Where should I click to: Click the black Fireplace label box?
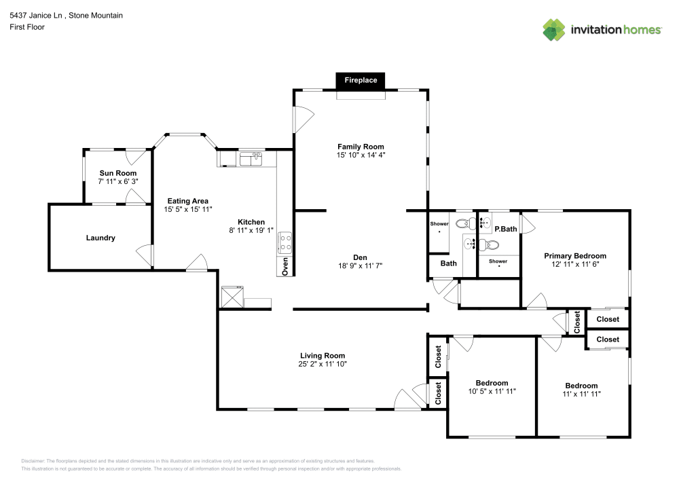click(361, 80)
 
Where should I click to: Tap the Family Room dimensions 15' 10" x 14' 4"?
click(361, 155)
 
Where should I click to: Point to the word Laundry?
click(100, 238)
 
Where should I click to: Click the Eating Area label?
click(187, 201)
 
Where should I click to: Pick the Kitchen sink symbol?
click(251, 158)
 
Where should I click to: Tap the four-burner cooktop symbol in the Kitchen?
click(285, 242)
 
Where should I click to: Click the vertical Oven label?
click(285, 265)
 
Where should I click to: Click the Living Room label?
click(323, 355)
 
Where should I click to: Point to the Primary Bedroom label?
click(574, 256)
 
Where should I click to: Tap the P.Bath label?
click(505, 229)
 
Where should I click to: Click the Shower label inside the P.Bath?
click(498, 261)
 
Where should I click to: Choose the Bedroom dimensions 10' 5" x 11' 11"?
click(492, 392)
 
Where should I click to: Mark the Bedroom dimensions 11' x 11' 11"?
click(581, 394)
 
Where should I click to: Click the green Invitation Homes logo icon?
click(554, 30)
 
